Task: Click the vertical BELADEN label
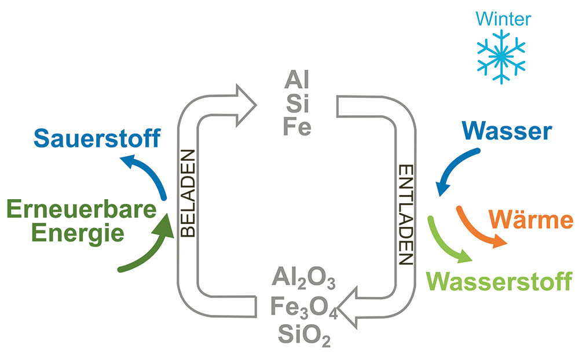[x=188, y=194]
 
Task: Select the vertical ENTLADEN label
[x=406, y=215]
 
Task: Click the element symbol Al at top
[x=296, y=80]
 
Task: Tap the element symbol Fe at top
[x=297, y=127]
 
